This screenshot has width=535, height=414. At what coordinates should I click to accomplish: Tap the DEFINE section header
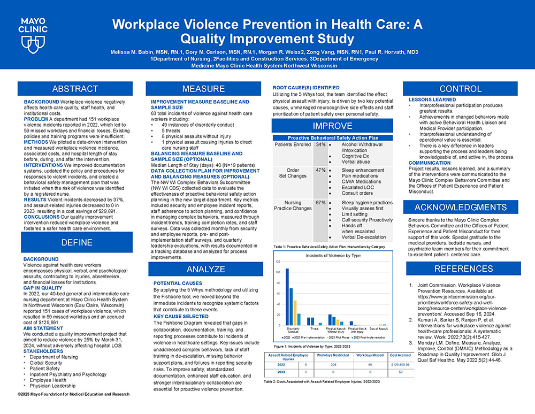tap(75, 242)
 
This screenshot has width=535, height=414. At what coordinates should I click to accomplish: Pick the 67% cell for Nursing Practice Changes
tap(320, 203)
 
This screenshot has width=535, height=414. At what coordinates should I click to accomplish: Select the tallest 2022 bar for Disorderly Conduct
tap(287, 296)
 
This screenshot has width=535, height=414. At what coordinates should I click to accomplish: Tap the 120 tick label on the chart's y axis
tap(277, 262)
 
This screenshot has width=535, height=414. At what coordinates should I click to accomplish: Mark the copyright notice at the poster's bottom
tap(73, 395)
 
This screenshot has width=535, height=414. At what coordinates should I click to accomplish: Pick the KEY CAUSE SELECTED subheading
tap(181, 317)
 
